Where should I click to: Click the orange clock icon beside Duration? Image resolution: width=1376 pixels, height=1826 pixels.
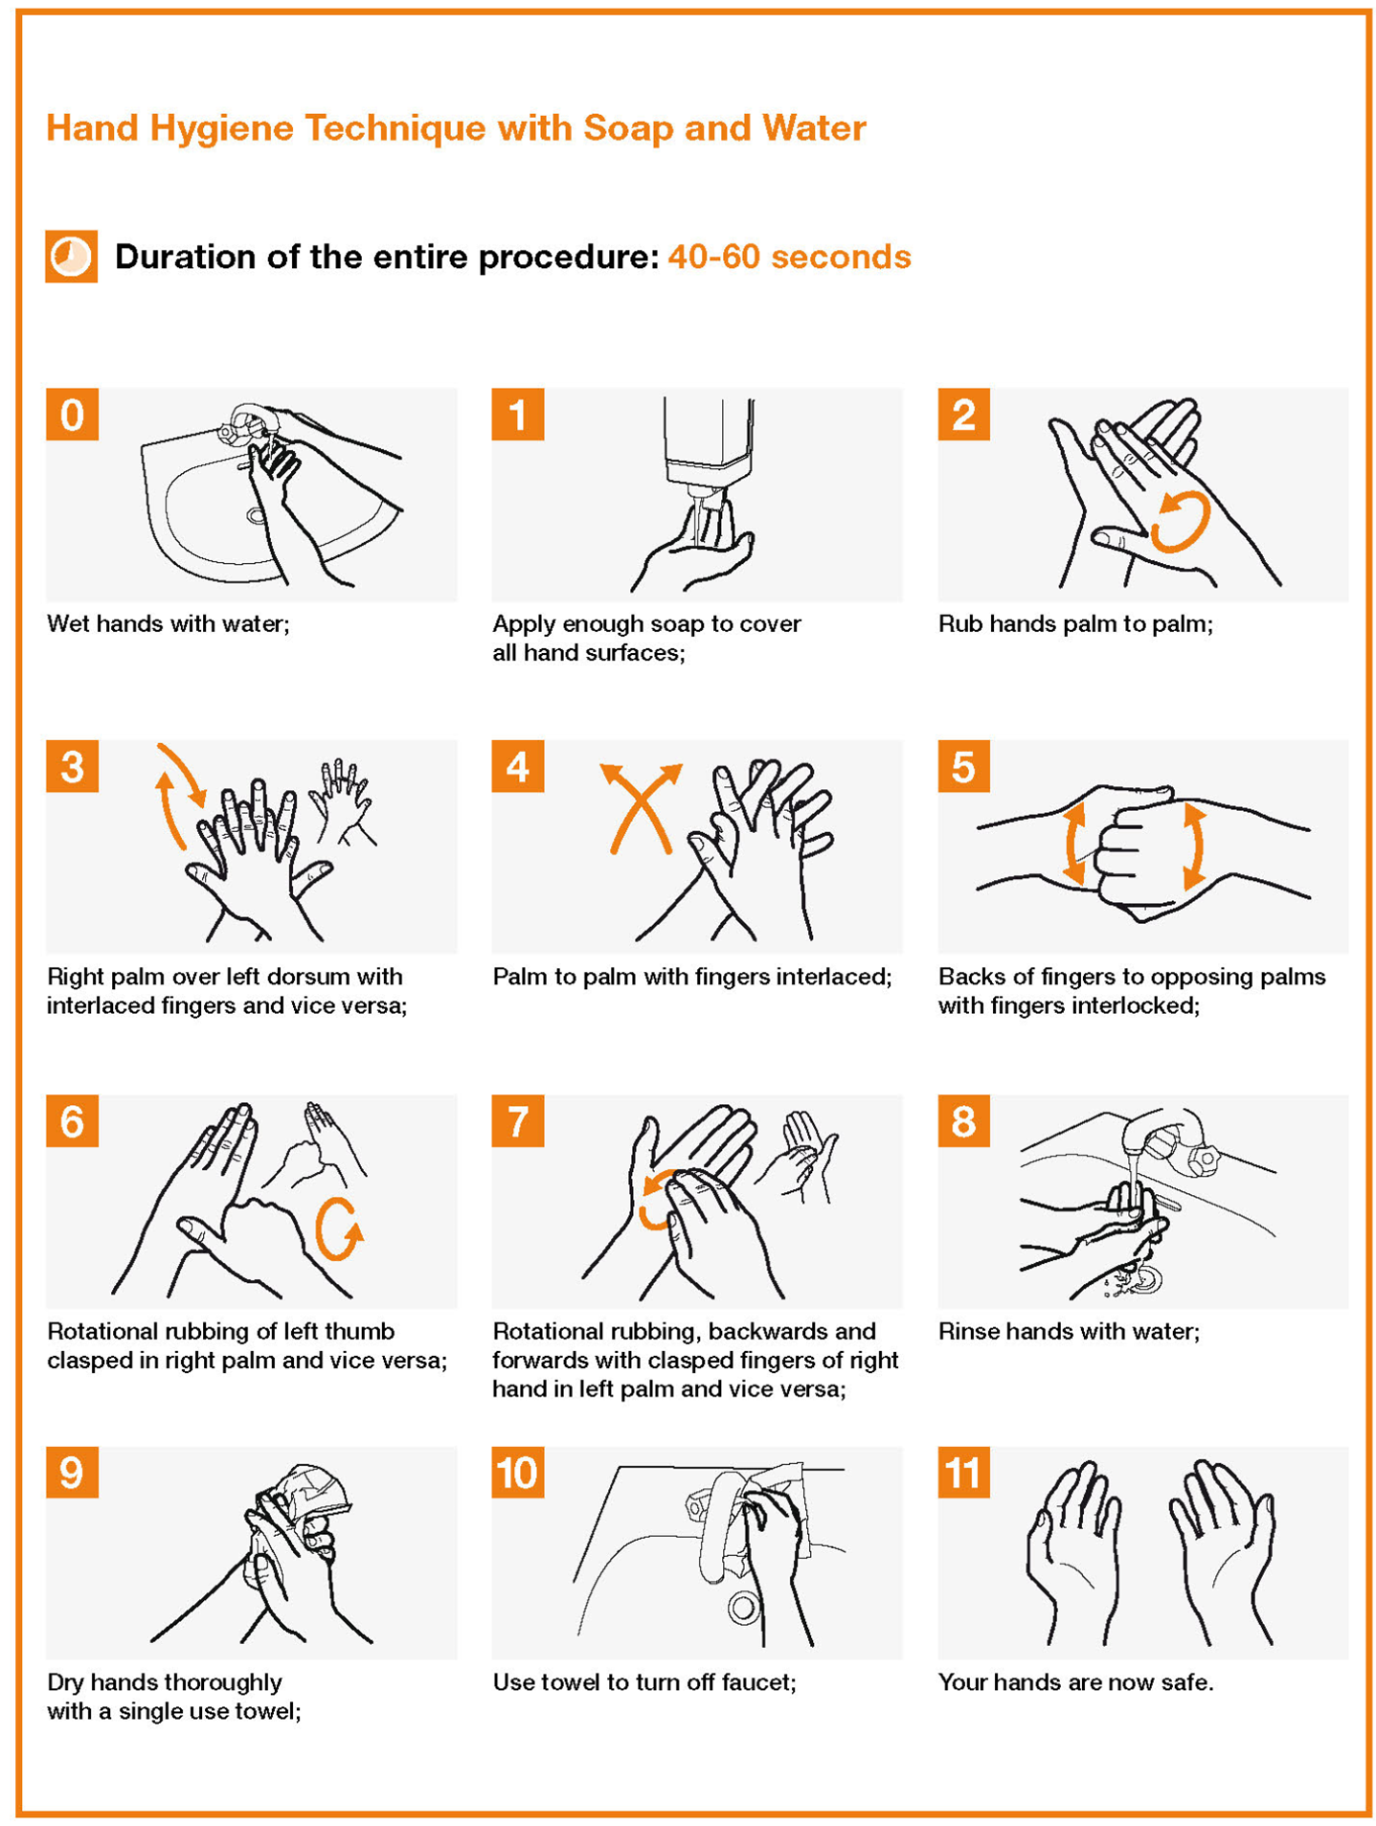pos(71,256)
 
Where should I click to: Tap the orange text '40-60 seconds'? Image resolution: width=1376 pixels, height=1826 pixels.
pos(789,257)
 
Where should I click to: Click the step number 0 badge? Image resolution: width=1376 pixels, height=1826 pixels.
pos(72,414)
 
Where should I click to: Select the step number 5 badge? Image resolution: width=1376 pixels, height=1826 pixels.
pos(963,766)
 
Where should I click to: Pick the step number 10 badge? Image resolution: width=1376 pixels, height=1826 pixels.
pos(518,1473)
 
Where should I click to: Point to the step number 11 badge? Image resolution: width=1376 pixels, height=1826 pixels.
pos(963,1473)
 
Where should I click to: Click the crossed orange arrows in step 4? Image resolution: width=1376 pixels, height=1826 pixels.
pos(641,807)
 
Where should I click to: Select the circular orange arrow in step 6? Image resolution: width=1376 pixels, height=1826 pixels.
pos(339,1229)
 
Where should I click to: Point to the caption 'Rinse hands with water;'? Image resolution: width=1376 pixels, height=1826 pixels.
pos(1069,1331)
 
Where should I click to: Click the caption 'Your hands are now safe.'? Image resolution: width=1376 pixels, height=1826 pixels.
pos(1075,1682)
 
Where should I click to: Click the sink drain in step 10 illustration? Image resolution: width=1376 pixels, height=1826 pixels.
pos(742,1608)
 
